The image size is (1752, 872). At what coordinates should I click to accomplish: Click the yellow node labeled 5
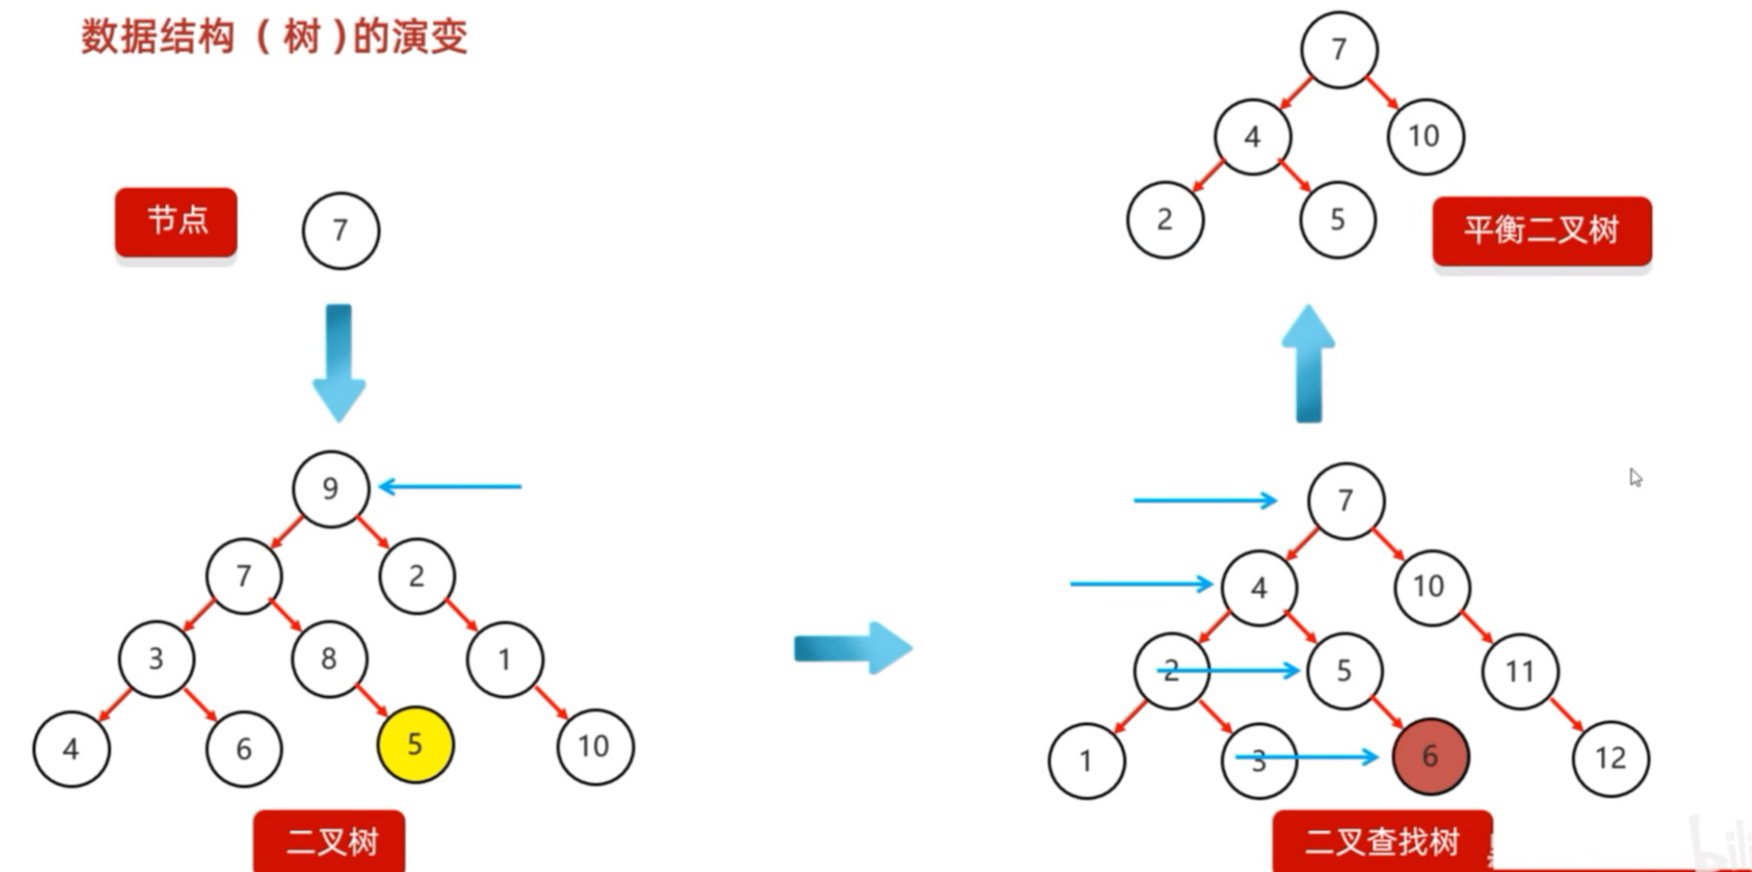(414, 745)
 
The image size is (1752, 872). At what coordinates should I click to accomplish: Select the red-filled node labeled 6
(1430, 756)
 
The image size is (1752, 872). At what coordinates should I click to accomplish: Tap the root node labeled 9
(330, 488)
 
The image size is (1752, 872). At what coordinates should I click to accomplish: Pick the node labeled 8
(329, 658)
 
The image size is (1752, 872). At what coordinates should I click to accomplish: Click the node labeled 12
(1610, 759)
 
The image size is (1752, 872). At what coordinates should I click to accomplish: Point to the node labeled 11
(1519, 671)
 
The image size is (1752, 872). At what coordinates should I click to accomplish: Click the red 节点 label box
(177, 222)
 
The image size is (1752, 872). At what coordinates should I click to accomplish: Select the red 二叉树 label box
(329, 841)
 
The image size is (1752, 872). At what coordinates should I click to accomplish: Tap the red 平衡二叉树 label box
(1541, 230)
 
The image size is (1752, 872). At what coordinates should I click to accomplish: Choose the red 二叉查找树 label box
(1382, 841)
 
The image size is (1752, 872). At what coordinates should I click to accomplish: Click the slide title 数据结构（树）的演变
(273, 37)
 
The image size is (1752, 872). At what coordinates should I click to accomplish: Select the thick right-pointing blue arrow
(852, 648)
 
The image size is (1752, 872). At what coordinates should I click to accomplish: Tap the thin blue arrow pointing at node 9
(451, 486)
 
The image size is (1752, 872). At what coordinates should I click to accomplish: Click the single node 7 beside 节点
(341, 230)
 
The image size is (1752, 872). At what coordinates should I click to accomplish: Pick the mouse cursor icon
(1635, 477)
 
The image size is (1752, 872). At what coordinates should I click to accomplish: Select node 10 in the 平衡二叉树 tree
(1425, 136)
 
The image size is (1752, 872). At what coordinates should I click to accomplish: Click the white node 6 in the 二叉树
(244, 748)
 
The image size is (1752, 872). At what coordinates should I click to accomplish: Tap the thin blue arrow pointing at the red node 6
(1308, 758)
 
